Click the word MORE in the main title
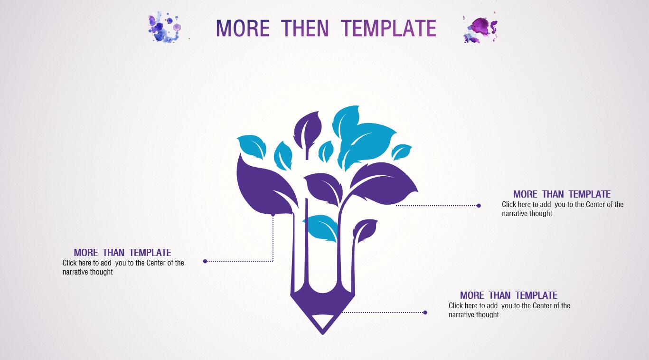[243, 28]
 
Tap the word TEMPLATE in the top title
[388, 28]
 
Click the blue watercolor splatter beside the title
[164, 27]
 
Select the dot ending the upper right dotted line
[479, 206]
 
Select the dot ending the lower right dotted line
[425, 313]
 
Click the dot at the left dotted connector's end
[205, 261]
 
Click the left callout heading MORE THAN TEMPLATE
[122, 253]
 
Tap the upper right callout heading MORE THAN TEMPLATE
[562, 194]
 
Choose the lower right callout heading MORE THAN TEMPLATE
[508, 295]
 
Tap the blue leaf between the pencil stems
[321, 227]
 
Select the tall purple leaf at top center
[308, 131]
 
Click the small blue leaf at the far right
[401, 152]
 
